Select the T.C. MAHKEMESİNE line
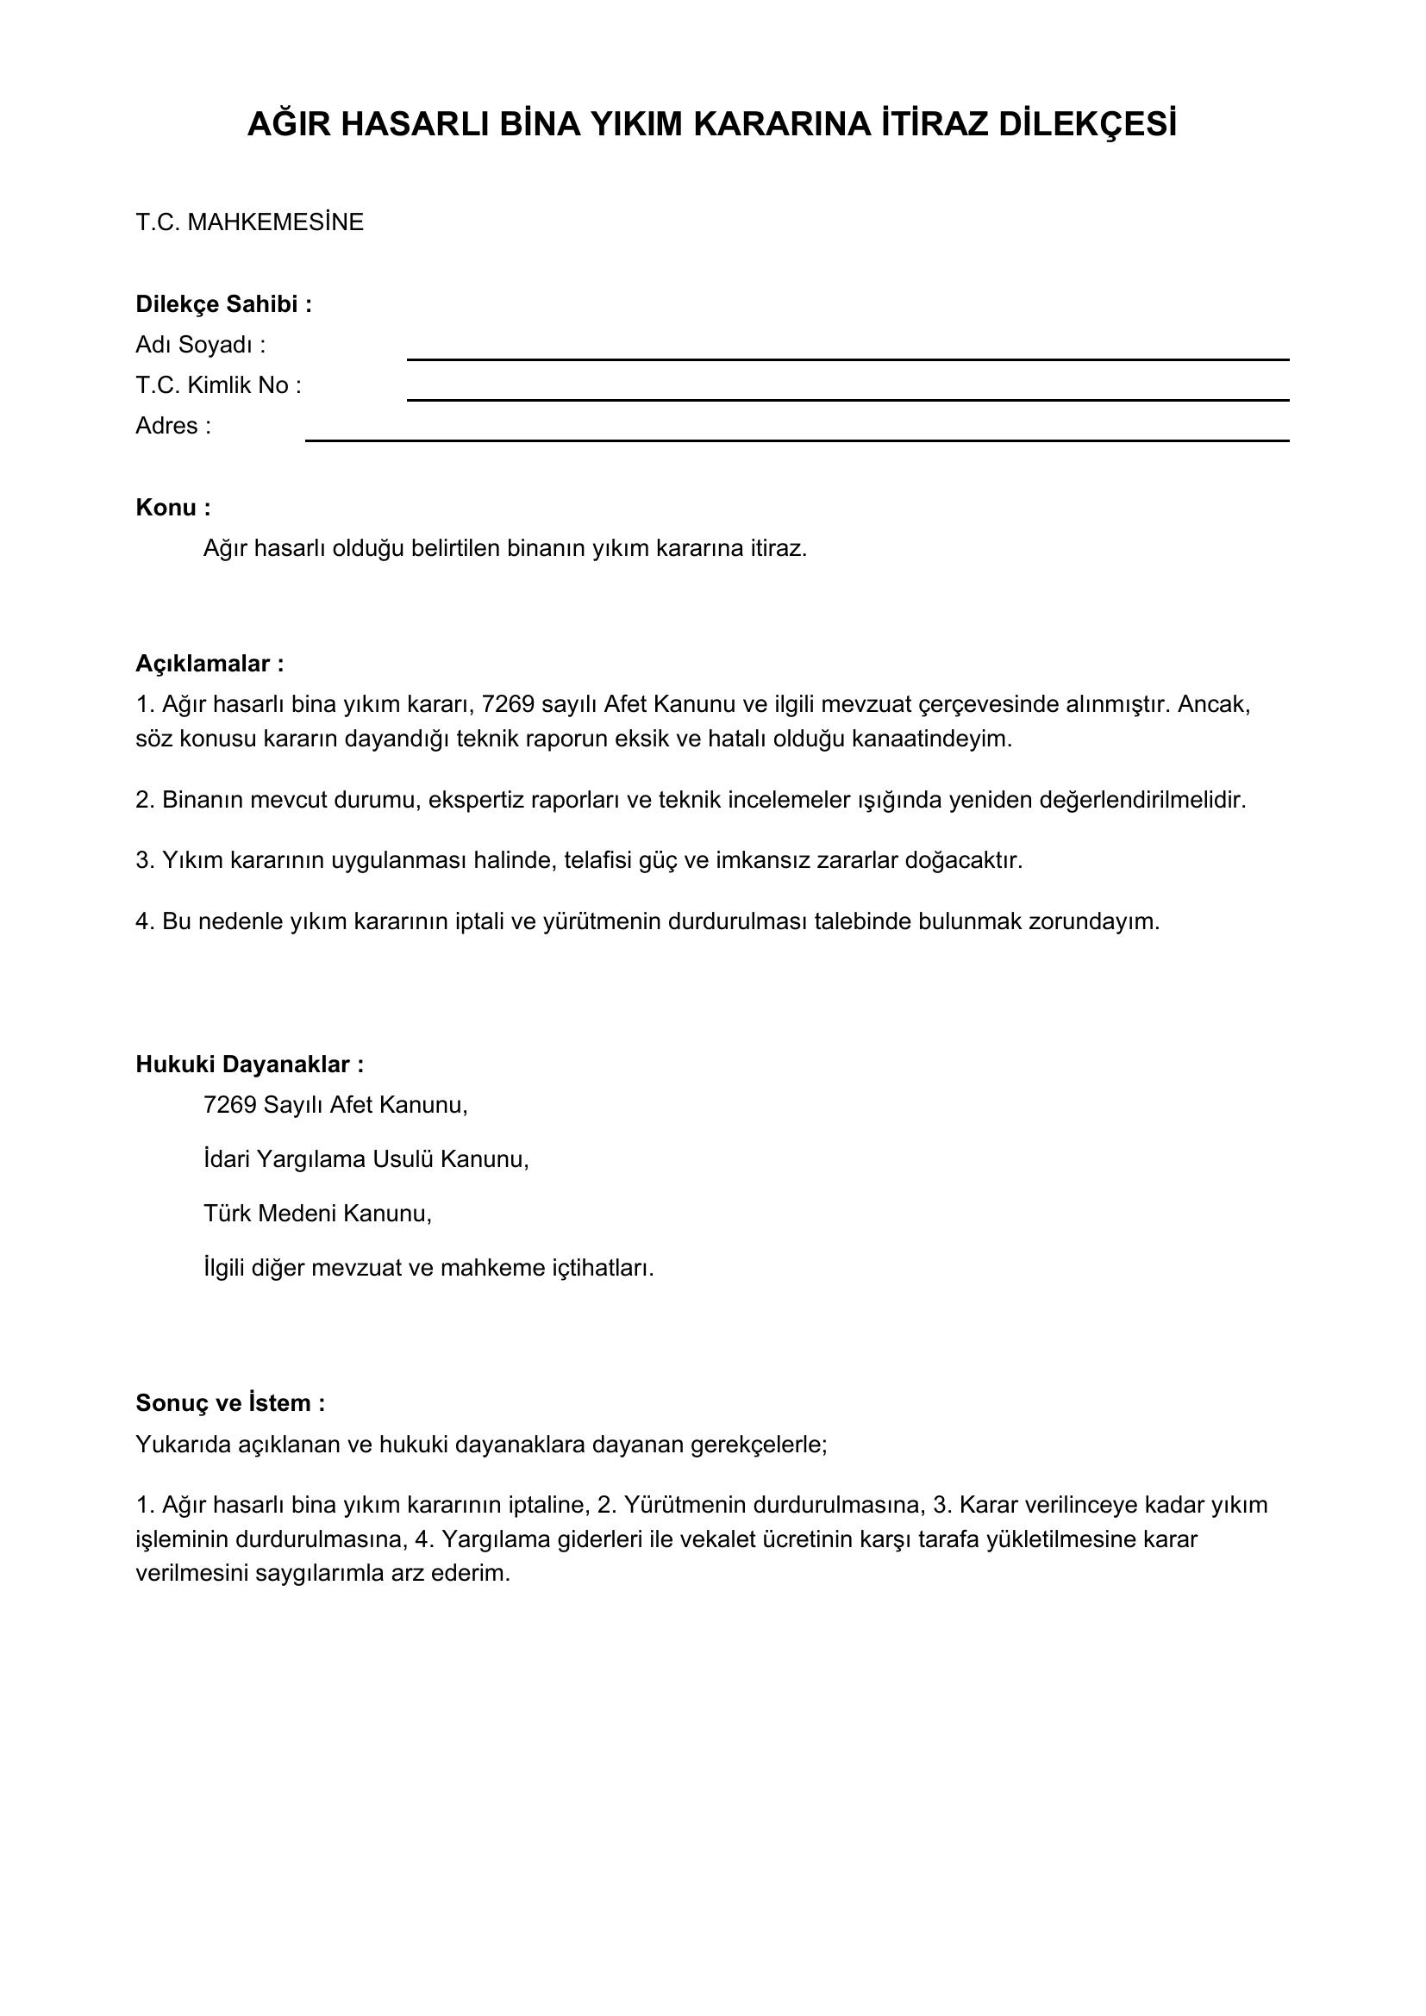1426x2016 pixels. tap(249, 223)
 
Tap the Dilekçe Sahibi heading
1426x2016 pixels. tap(223, 304)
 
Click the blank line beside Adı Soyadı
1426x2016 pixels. tap(847, 358)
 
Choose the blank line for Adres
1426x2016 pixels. tap(797, 438)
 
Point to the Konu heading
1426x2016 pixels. tap(173, 509)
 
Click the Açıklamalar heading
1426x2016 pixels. tap(209, 664)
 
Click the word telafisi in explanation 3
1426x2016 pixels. tap(602, 860)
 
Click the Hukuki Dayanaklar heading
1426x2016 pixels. tap(249, 1065)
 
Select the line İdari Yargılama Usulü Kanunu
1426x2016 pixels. tap(366, 1160)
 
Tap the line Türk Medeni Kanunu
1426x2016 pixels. tap(318, 1214)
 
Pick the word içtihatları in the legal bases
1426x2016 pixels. tap(603, 1269)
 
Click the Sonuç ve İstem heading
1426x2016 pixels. tap(230, 1403)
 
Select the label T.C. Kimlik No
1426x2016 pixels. tap(218, 385)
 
